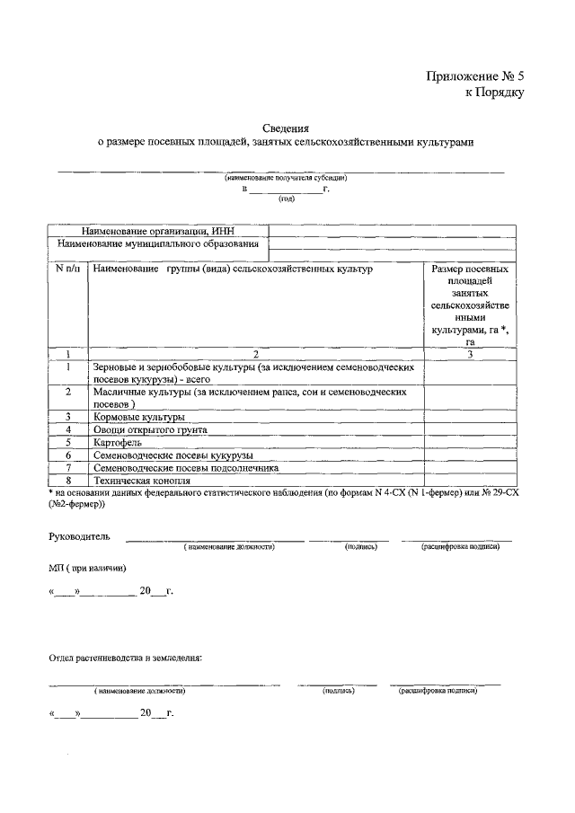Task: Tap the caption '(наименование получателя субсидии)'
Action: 286,178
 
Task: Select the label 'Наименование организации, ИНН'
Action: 157,231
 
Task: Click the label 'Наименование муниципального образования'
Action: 158,243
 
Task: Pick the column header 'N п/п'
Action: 67,269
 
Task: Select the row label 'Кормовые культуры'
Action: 139,417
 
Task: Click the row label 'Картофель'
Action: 119,442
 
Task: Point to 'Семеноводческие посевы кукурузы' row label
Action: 179,455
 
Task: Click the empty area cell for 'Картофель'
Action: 469,442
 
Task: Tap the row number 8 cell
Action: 67,481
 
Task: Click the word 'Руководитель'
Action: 79,536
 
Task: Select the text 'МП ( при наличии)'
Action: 88,569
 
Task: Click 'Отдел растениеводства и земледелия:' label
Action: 125,658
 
